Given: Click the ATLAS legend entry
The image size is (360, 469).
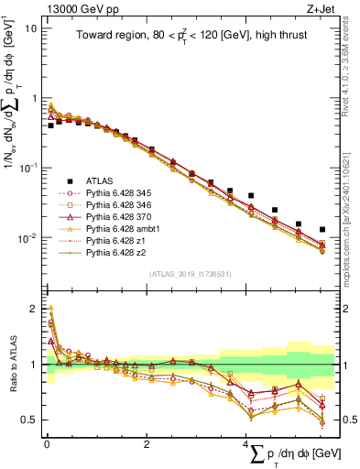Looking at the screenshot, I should [x=98, y=182].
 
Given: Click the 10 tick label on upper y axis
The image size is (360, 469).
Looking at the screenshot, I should [x=30, y=27].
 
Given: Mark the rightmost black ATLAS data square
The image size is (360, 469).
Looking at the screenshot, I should [x=322, y=229].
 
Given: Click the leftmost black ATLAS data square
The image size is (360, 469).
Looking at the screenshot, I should [x=50, y=125].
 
